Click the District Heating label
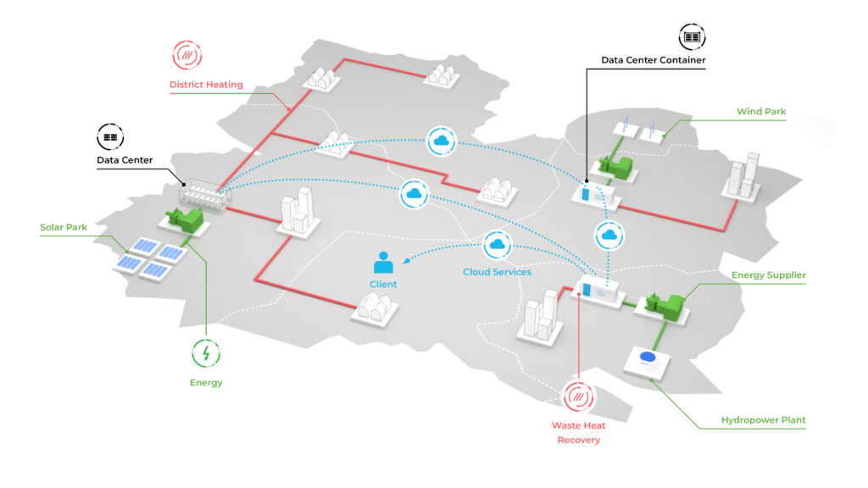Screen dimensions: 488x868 (206, 85)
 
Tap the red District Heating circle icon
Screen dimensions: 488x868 (187, 55)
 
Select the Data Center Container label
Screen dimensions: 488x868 (653, 60)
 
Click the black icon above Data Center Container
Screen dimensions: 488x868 (693, 37)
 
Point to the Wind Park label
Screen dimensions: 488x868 (761, 111)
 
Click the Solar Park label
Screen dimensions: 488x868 (64, 227)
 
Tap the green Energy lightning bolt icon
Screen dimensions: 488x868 (206, 352)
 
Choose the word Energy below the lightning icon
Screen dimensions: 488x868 (206, 383)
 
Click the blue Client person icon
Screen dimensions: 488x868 (383, 262)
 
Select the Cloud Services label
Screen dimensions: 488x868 (497, 272)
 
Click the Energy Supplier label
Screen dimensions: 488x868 (768, 275)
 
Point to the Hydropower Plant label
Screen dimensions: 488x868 (763, 420)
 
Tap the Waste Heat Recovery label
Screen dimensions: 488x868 (579, 432)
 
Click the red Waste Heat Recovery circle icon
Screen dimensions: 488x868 (579, 396)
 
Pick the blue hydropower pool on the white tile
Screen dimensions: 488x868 (648, 358)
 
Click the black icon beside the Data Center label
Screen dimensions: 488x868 (110, 135)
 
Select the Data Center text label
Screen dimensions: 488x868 (125, 160)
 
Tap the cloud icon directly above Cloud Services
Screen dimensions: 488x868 (497, 246)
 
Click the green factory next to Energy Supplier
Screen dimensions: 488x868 (666, 305)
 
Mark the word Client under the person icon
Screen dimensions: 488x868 (383, 285)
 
